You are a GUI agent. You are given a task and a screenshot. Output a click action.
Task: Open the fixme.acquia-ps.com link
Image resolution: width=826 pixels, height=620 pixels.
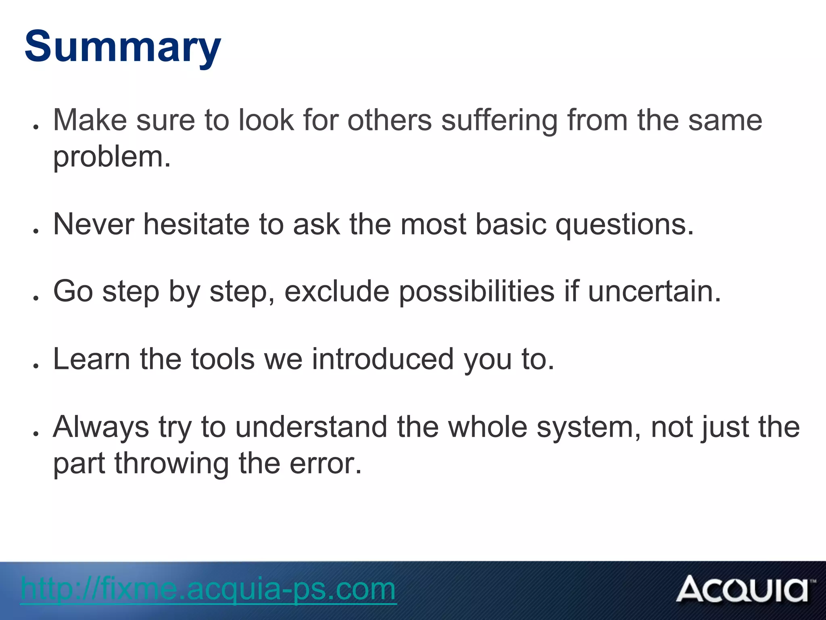[208, 589]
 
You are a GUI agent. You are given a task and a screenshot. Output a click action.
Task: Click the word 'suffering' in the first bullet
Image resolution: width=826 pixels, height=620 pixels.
[499, 120]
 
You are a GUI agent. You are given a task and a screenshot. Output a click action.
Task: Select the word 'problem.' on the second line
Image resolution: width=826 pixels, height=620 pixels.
[112, 157]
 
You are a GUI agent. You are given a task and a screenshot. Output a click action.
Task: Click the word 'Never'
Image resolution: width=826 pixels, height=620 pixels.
[94, 224]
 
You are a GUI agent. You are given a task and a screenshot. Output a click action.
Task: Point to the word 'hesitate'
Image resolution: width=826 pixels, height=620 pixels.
[196, 224]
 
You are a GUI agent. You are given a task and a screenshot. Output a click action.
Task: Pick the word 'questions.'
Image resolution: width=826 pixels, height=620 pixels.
[625, 225]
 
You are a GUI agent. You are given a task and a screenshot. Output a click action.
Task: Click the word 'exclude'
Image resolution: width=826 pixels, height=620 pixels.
[337, 291]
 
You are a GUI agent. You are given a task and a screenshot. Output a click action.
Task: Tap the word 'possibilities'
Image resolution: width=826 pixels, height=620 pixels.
[477, 291]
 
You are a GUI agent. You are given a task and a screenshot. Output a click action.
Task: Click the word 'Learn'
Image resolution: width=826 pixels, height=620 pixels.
[92, 359]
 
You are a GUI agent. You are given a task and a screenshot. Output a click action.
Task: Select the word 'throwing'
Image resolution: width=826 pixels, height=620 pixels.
[172, 464]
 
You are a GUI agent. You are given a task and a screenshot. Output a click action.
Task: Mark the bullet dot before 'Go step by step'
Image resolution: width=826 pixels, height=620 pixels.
[36, 298]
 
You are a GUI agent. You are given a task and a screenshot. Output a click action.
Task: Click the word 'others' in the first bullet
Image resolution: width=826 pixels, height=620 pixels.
[390, 120]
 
